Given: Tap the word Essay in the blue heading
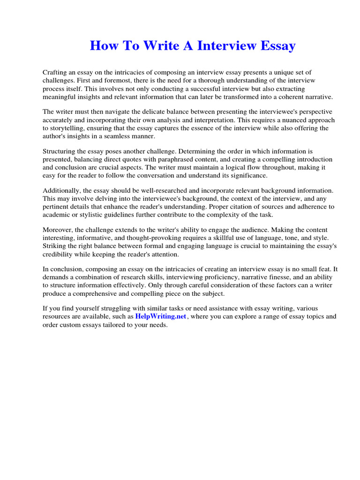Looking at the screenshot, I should (x=274, y=46).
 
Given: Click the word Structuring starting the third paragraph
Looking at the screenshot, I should (x=60, y=151).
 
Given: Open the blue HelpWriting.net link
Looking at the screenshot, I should (x=161, y=316).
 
